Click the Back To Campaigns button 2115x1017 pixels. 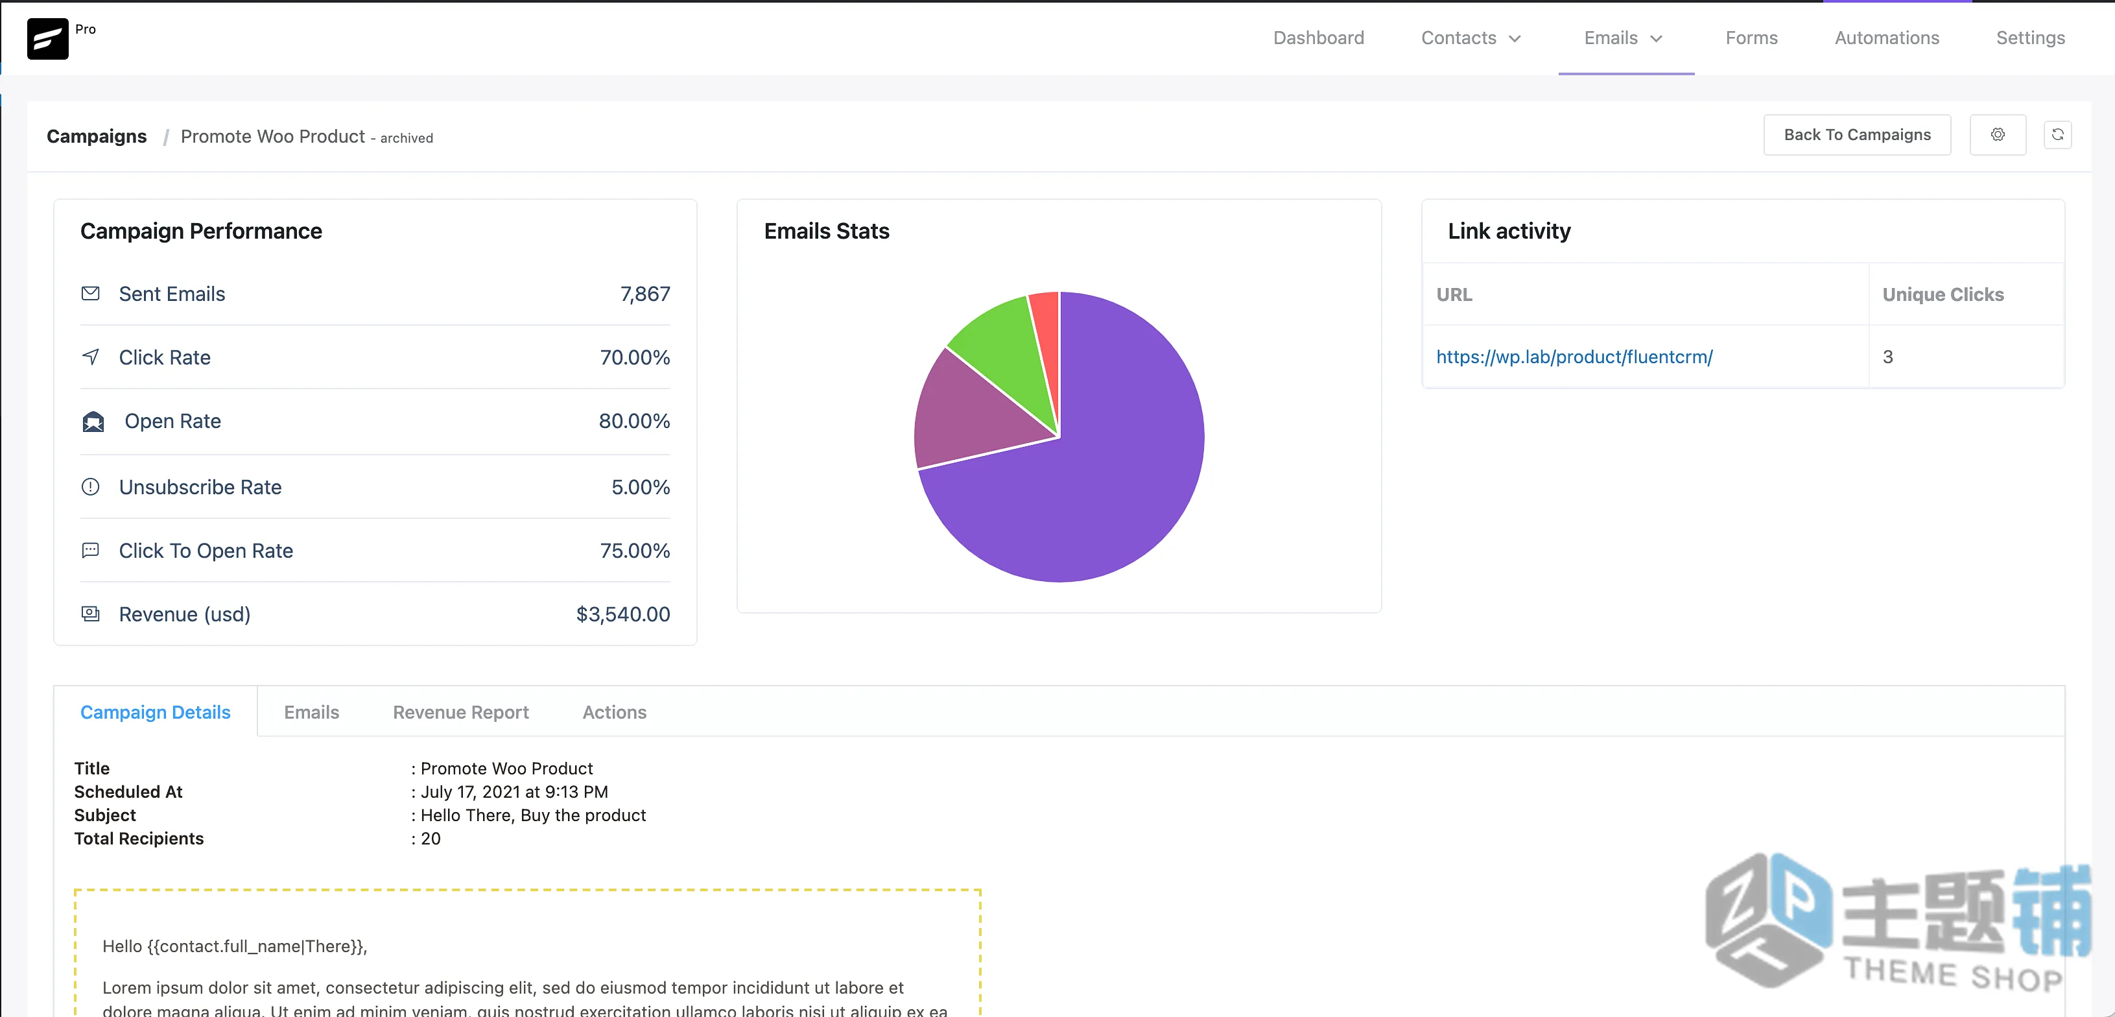click(x=1856, y=135)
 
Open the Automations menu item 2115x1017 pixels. click(x=1887, y=38)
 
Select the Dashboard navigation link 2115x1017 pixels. click(x=1319, y=38)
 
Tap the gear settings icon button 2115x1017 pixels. click(x=1998, y=135)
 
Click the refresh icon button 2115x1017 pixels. click(x=2057, y=135)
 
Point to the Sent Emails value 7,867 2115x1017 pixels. click(x=645, y=294)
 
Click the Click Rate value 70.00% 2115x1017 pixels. click(x=635, y=357)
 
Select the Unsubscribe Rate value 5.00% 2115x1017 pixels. click(x=641, y=487)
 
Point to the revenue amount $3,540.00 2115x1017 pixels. click(x=623, y=614)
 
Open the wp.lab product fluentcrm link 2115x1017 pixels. click(x=1574, y=357)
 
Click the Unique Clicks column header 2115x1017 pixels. click(x=1943, y=294)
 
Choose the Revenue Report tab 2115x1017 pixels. click(x=460, y=712)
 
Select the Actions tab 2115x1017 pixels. click(x=614, y=712)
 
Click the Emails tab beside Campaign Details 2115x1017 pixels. click(x=311, y=712)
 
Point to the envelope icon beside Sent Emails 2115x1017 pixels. click(x=90, y=293)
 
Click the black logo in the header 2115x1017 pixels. click(x=47, y=39)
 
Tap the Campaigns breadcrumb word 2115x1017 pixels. click(x=96, y=136)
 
